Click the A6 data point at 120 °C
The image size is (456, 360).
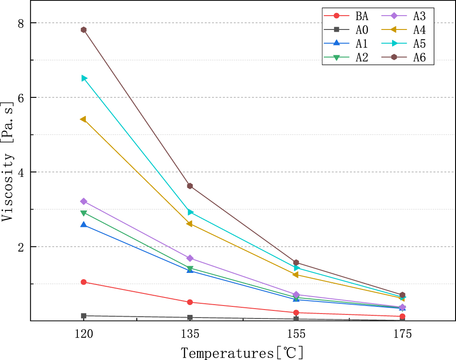pyautogui.click(x=84, y=30)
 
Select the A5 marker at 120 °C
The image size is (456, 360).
pyautogui.click(x=84, y=78)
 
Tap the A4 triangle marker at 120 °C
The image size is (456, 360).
pyautogui.click(x=83, y=119)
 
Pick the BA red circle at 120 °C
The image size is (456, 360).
pyautogui.click(x=84, y=282)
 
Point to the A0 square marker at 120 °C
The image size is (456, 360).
pyautogui.click(x=84, y=316)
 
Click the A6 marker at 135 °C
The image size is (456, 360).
pyautogui.click(x=190, y=186)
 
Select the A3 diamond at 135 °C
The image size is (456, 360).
pyautogui.click(x=190, y=258)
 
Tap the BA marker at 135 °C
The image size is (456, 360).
pyautogui.click(x=190, y=302)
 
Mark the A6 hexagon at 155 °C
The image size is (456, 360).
pyautogui.click(x=296, y=263)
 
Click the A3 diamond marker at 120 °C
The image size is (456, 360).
pyautogui.click(x=84, y=201)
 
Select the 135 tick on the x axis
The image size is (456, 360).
pyautogui.click(x=190, y=334)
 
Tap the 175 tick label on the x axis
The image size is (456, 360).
pyautogui.click(x=402, y=334)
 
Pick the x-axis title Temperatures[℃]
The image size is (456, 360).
pyautogui.click(x=242, y=352)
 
